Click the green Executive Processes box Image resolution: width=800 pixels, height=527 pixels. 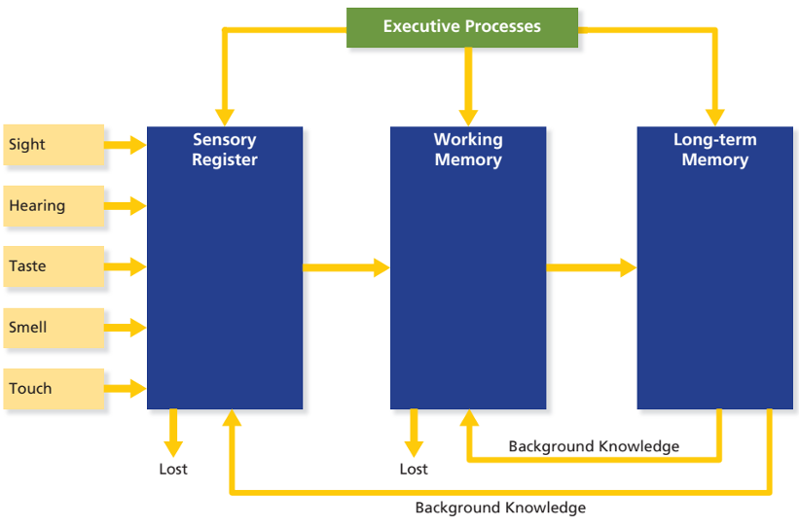pyautogui.click(x=461, y=27)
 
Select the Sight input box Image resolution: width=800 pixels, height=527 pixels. pyautogui.click(x=54, y=145)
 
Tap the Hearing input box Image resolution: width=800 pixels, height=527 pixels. pyautogui.click(x=54, y=206)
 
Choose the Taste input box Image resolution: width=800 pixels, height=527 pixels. pyautogui.click(x=54, y=266)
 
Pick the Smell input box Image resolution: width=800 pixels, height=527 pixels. pyautogui.click(x=54, y=328)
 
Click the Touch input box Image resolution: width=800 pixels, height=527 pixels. pyautogui.click(x=54, y=389)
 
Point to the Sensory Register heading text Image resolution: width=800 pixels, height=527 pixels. pyautogui.click(x=225, y=150)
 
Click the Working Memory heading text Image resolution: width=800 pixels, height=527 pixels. pyautogui.click(x=468, y=150)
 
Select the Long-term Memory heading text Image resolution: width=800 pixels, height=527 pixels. pyautogui.click(x=714, y=150)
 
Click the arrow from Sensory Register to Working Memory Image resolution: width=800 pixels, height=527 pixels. pyautogui.click(x=345, y=267)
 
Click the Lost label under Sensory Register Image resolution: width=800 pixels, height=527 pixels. pyautogui.click(x=173, y=470)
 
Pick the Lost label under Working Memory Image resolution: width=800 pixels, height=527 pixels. pyautogui.click(x=414, y=470)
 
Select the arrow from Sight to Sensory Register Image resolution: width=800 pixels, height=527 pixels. pyautogui.click(x=125, y=145)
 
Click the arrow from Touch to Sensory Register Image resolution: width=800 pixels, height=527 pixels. pyautogui.click(x=125, y=389)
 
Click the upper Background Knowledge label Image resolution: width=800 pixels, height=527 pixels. pyautogui.click(x=594, y=446)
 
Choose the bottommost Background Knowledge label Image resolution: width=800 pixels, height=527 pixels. pyautogui.click(x=500, y=508)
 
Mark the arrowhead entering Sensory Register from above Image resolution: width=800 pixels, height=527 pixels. pyautogui.click(x=225, y=115)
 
